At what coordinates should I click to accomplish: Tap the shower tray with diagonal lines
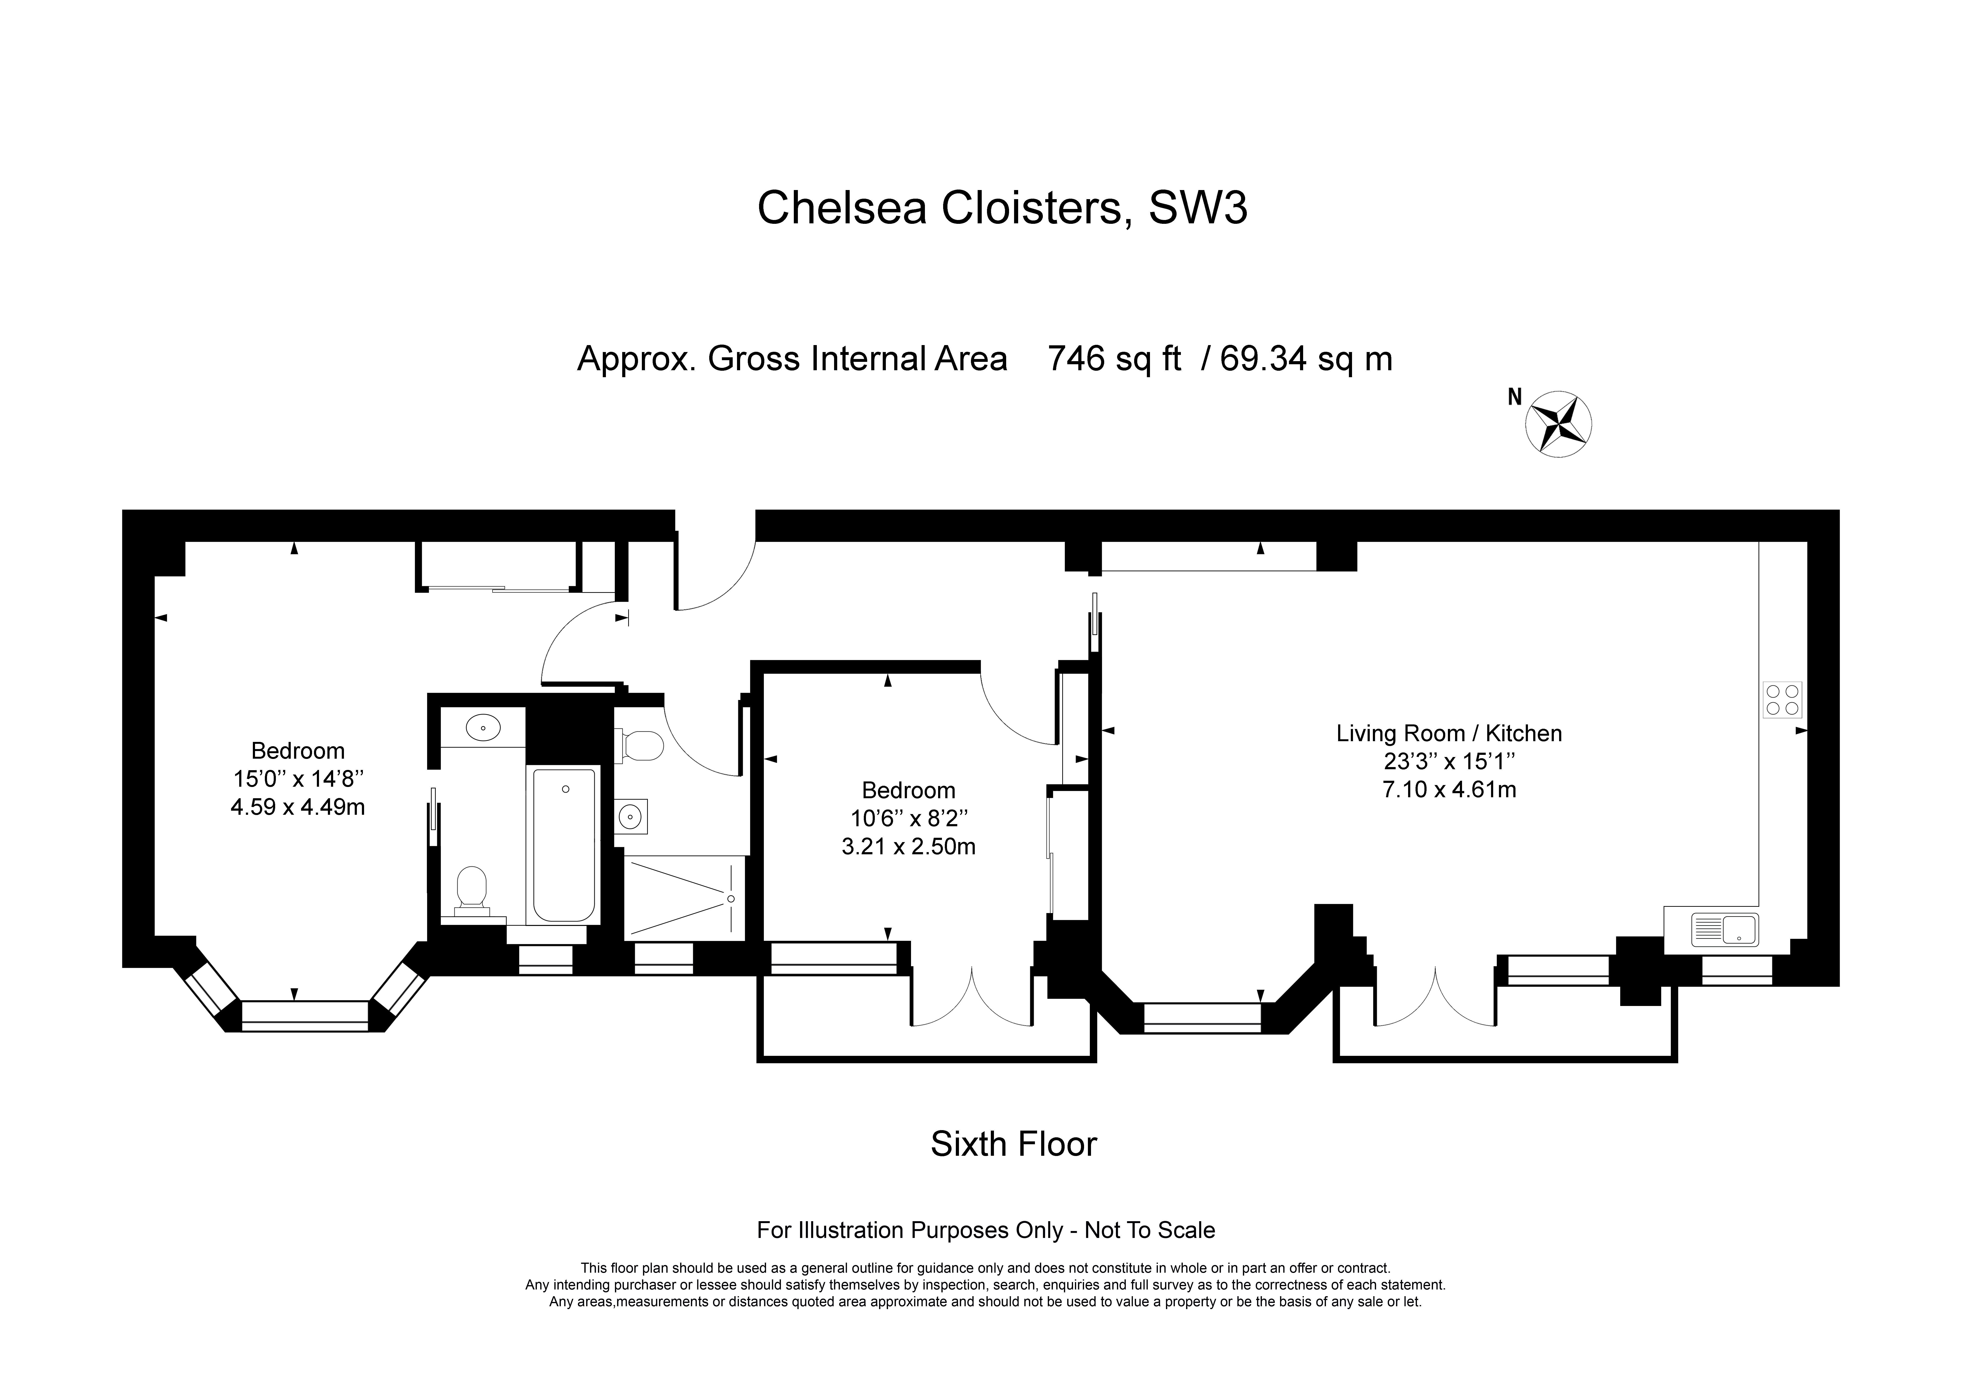[x=684, y=897]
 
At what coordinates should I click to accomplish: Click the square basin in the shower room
[x=632, y=816]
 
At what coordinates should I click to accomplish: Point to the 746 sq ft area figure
[x=1114, y=359]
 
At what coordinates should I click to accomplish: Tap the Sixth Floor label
[x=1013, y=1144]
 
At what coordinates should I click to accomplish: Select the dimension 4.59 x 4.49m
[x=297, y=807]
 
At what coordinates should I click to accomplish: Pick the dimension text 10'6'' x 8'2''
[x=908, y=819]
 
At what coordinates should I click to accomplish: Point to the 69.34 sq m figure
[x=1306, y=359]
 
